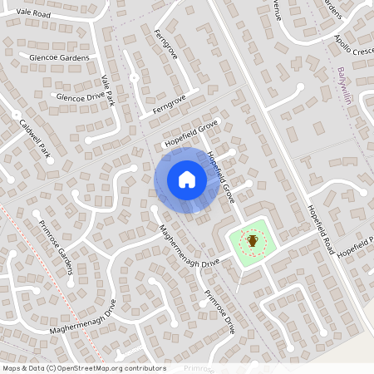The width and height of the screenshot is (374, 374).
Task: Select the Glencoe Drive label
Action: pos(80,96)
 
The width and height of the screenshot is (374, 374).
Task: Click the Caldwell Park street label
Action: pos(36,139)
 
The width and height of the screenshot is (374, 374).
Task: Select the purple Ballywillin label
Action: pos(342,86)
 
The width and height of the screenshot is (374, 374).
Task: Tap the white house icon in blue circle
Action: pos(186,180)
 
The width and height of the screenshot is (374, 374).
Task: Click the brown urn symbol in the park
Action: pos(252,241)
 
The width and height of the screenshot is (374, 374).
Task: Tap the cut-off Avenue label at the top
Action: pos(273,9)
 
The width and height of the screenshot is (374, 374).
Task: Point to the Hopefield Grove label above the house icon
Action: pos(190,133)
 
